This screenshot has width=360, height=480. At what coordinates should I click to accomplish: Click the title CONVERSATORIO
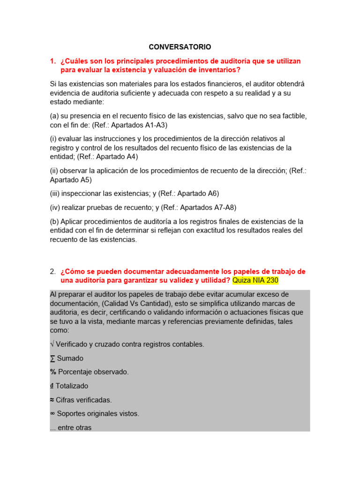click(x=180, y=47)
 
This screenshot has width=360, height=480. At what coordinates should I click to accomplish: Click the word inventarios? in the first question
click(x=216, y=70)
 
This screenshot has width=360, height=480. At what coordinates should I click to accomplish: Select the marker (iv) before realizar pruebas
click(x=55, y=207)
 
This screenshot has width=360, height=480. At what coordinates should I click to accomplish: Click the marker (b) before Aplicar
click(x=54, y=221)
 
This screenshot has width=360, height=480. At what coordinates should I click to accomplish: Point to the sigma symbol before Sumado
click(x=52, y=358)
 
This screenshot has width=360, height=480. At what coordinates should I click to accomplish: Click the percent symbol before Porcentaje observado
click(x=52, y=372)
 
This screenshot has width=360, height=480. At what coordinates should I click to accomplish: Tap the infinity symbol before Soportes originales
click(x=52, y=413)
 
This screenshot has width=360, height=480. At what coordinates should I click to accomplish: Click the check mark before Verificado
click(x=52, y=344)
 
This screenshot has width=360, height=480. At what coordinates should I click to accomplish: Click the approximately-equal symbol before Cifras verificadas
click(x=52, y=400)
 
